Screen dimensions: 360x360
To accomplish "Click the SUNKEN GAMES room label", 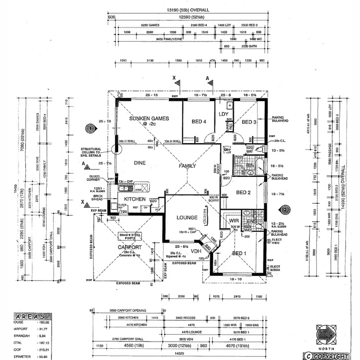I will click(149, 118).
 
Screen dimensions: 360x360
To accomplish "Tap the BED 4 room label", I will click(199, 122).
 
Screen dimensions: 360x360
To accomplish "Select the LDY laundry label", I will click(223, 114).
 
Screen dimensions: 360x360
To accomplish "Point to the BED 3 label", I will click(249, 122).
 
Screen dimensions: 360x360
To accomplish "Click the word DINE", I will click(140, 163).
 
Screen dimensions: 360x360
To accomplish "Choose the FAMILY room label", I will click(187, 166).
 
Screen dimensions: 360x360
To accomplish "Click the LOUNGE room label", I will click(187, 218).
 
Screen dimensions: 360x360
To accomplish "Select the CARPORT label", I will click(130, 247).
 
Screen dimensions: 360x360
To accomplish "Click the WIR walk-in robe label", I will click(233, 221).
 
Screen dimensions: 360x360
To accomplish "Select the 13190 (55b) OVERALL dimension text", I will click(188, 10).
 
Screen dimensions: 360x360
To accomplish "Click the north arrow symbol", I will click(326, 335).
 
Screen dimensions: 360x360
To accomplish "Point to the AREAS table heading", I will click(33, 316).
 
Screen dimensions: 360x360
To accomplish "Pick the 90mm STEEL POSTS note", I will click(130, 237).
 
